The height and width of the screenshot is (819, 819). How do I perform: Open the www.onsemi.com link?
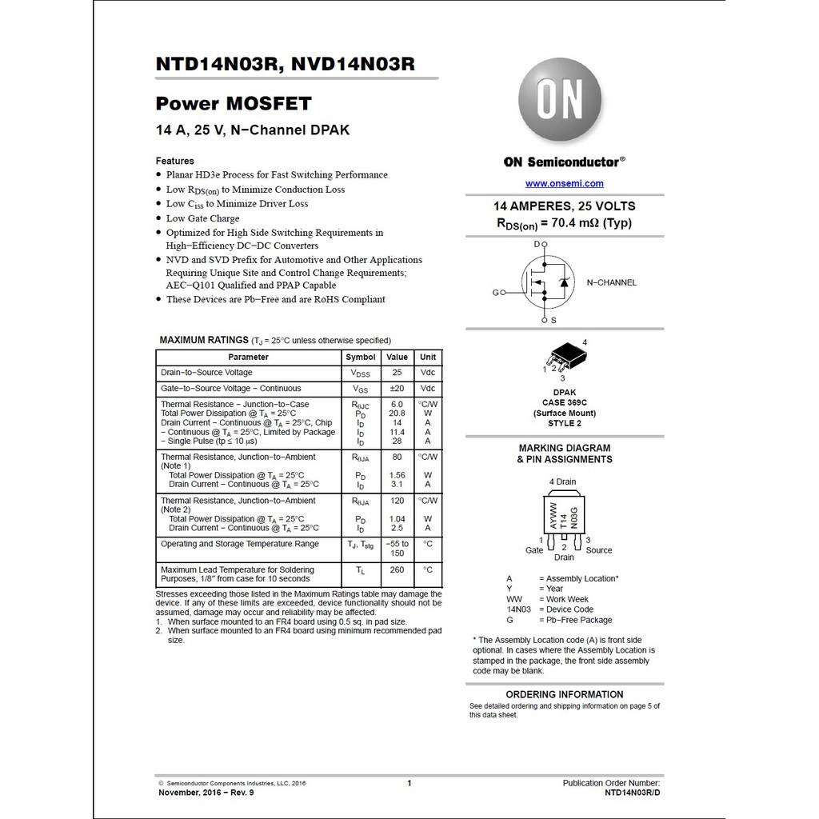click(565, 184)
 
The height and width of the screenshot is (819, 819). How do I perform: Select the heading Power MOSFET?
click(234, 103)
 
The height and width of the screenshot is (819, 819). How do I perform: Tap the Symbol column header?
click(360, 357)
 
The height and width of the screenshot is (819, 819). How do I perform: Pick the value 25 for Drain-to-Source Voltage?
click(397, 373)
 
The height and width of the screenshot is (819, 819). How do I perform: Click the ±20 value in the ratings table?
click(397, 389)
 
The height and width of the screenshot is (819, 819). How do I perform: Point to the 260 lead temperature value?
click(397, 570)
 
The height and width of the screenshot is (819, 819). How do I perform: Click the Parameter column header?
click(248, 357)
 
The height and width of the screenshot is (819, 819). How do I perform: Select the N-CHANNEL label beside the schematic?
click(612, 282)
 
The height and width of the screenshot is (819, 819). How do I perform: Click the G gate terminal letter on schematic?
click(495, 293)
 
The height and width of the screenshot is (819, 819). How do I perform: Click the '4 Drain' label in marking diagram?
click(562, 481)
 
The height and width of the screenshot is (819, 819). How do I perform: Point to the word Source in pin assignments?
click(598, 550)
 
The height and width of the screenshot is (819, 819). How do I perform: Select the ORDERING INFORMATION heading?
click(565, 694)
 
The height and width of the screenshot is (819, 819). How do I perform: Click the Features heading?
click(174, 161)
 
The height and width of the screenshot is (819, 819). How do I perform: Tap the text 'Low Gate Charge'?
click(202, 218)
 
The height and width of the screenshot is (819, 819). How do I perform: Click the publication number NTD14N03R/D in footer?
click(633, 793)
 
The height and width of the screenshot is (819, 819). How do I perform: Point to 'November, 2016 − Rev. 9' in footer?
click(206, 793)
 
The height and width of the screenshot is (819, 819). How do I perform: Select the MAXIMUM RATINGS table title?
click(204, 340)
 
